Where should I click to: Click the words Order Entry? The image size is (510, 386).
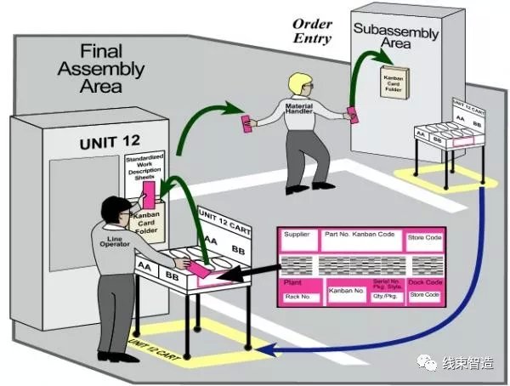312,31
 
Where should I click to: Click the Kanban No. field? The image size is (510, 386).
346,292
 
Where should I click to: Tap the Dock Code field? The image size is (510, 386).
424,282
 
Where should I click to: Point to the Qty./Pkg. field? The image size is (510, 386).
385,297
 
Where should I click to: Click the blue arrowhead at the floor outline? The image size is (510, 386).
265,349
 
